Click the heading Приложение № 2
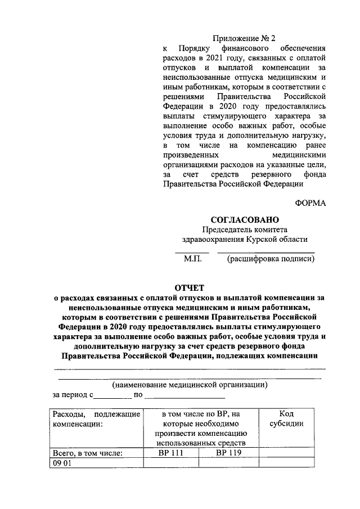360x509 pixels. (x=244, y=39)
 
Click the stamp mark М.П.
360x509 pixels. (x=192, y=259)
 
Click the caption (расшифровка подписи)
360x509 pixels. (x=271, y=259)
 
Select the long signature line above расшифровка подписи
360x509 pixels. (x=265, y=252)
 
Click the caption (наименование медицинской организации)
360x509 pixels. (x=188, y=385)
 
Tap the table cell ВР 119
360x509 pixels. (x=228, y=452)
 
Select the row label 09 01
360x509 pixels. (x=60, y=462)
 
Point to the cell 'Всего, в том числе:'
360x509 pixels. (x=88, y=452)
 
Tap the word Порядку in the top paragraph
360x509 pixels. (x=195, y=48)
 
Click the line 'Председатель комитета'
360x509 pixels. (x=245, y=229)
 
